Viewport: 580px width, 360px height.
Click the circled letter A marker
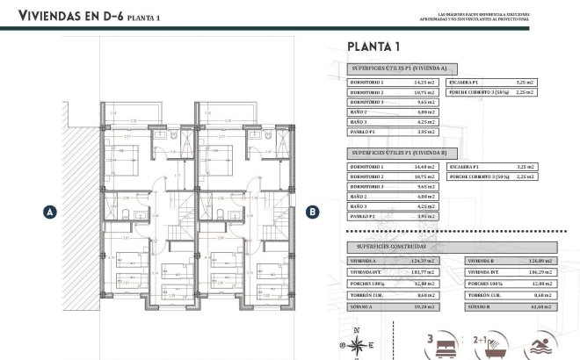(50, 212)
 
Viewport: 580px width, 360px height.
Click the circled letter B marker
(311, 211)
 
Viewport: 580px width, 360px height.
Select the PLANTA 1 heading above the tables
(373, 47)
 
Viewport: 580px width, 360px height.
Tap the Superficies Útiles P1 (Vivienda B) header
(400, 153)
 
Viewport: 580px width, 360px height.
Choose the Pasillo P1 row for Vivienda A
(392, 132)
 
